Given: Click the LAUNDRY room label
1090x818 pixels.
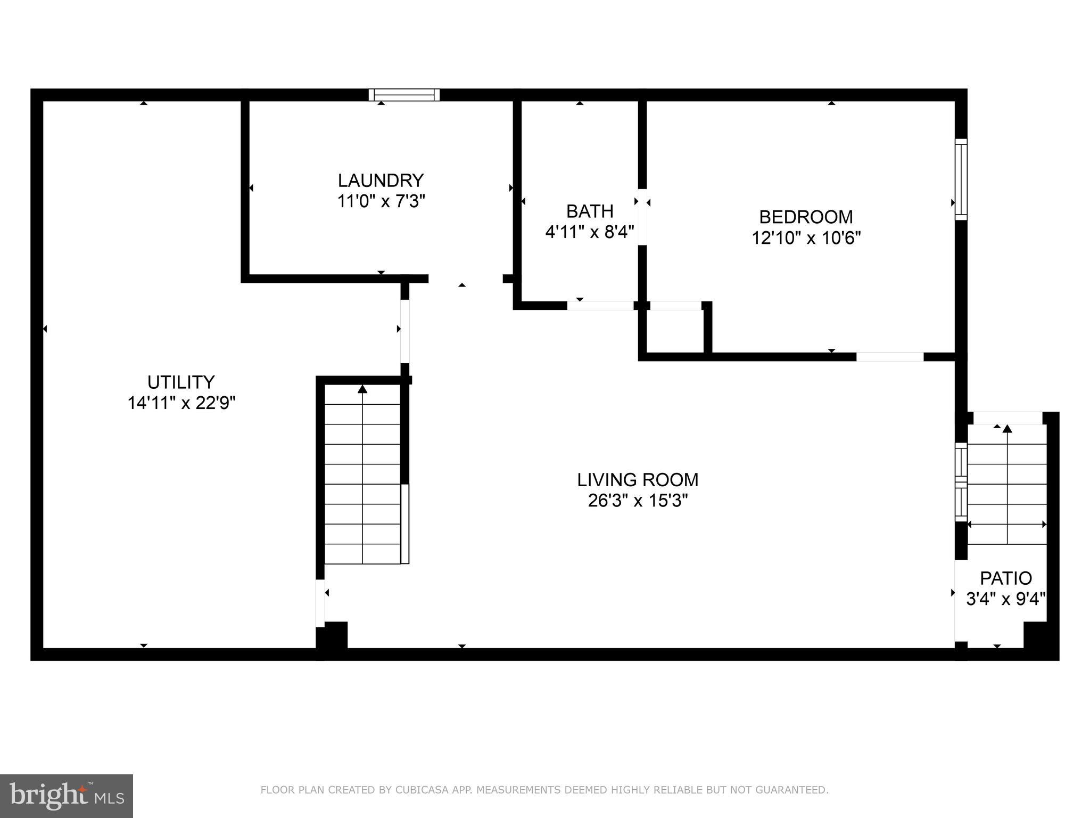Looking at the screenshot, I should point(381,181).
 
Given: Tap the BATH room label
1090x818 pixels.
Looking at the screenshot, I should point(590,211).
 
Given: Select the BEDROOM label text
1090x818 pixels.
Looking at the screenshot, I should point(806,217).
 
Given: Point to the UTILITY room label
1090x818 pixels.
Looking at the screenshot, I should point(181,382).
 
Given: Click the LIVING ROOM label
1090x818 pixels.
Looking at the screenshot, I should point(638,480).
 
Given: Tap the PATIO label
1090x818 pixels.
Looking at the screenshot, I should point(1006,578).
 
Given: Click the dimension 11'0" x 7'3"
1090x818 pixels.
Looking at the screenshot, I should point(381,201).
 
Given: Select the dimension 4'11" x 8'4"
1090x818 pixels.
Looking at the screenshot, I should point(590,232).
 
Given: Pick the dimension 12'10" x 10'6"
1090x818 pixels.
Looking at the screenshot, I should point(806,238).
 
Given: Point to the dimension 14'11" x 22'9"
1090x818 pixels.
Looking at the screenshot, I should point(181,403).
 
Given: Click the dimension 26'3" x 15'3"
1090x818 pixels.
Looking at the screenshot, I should point(638,501).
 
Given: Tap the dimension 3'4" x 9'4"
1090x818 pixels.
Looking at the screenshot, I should point(1006,599).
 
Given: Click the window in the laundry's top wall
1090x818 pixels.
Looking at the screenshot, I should point(404,95).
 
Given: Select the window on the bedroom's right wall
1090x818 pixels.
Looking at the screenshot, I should point(961,179).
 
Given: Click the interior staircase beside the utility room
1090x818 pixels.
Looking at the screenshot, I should point(362,474).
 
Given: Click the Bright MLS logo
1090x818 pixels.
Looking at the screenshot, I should point(67,796).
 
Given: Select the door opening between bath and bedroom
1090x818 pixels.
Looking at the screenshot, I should point(642,217).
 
